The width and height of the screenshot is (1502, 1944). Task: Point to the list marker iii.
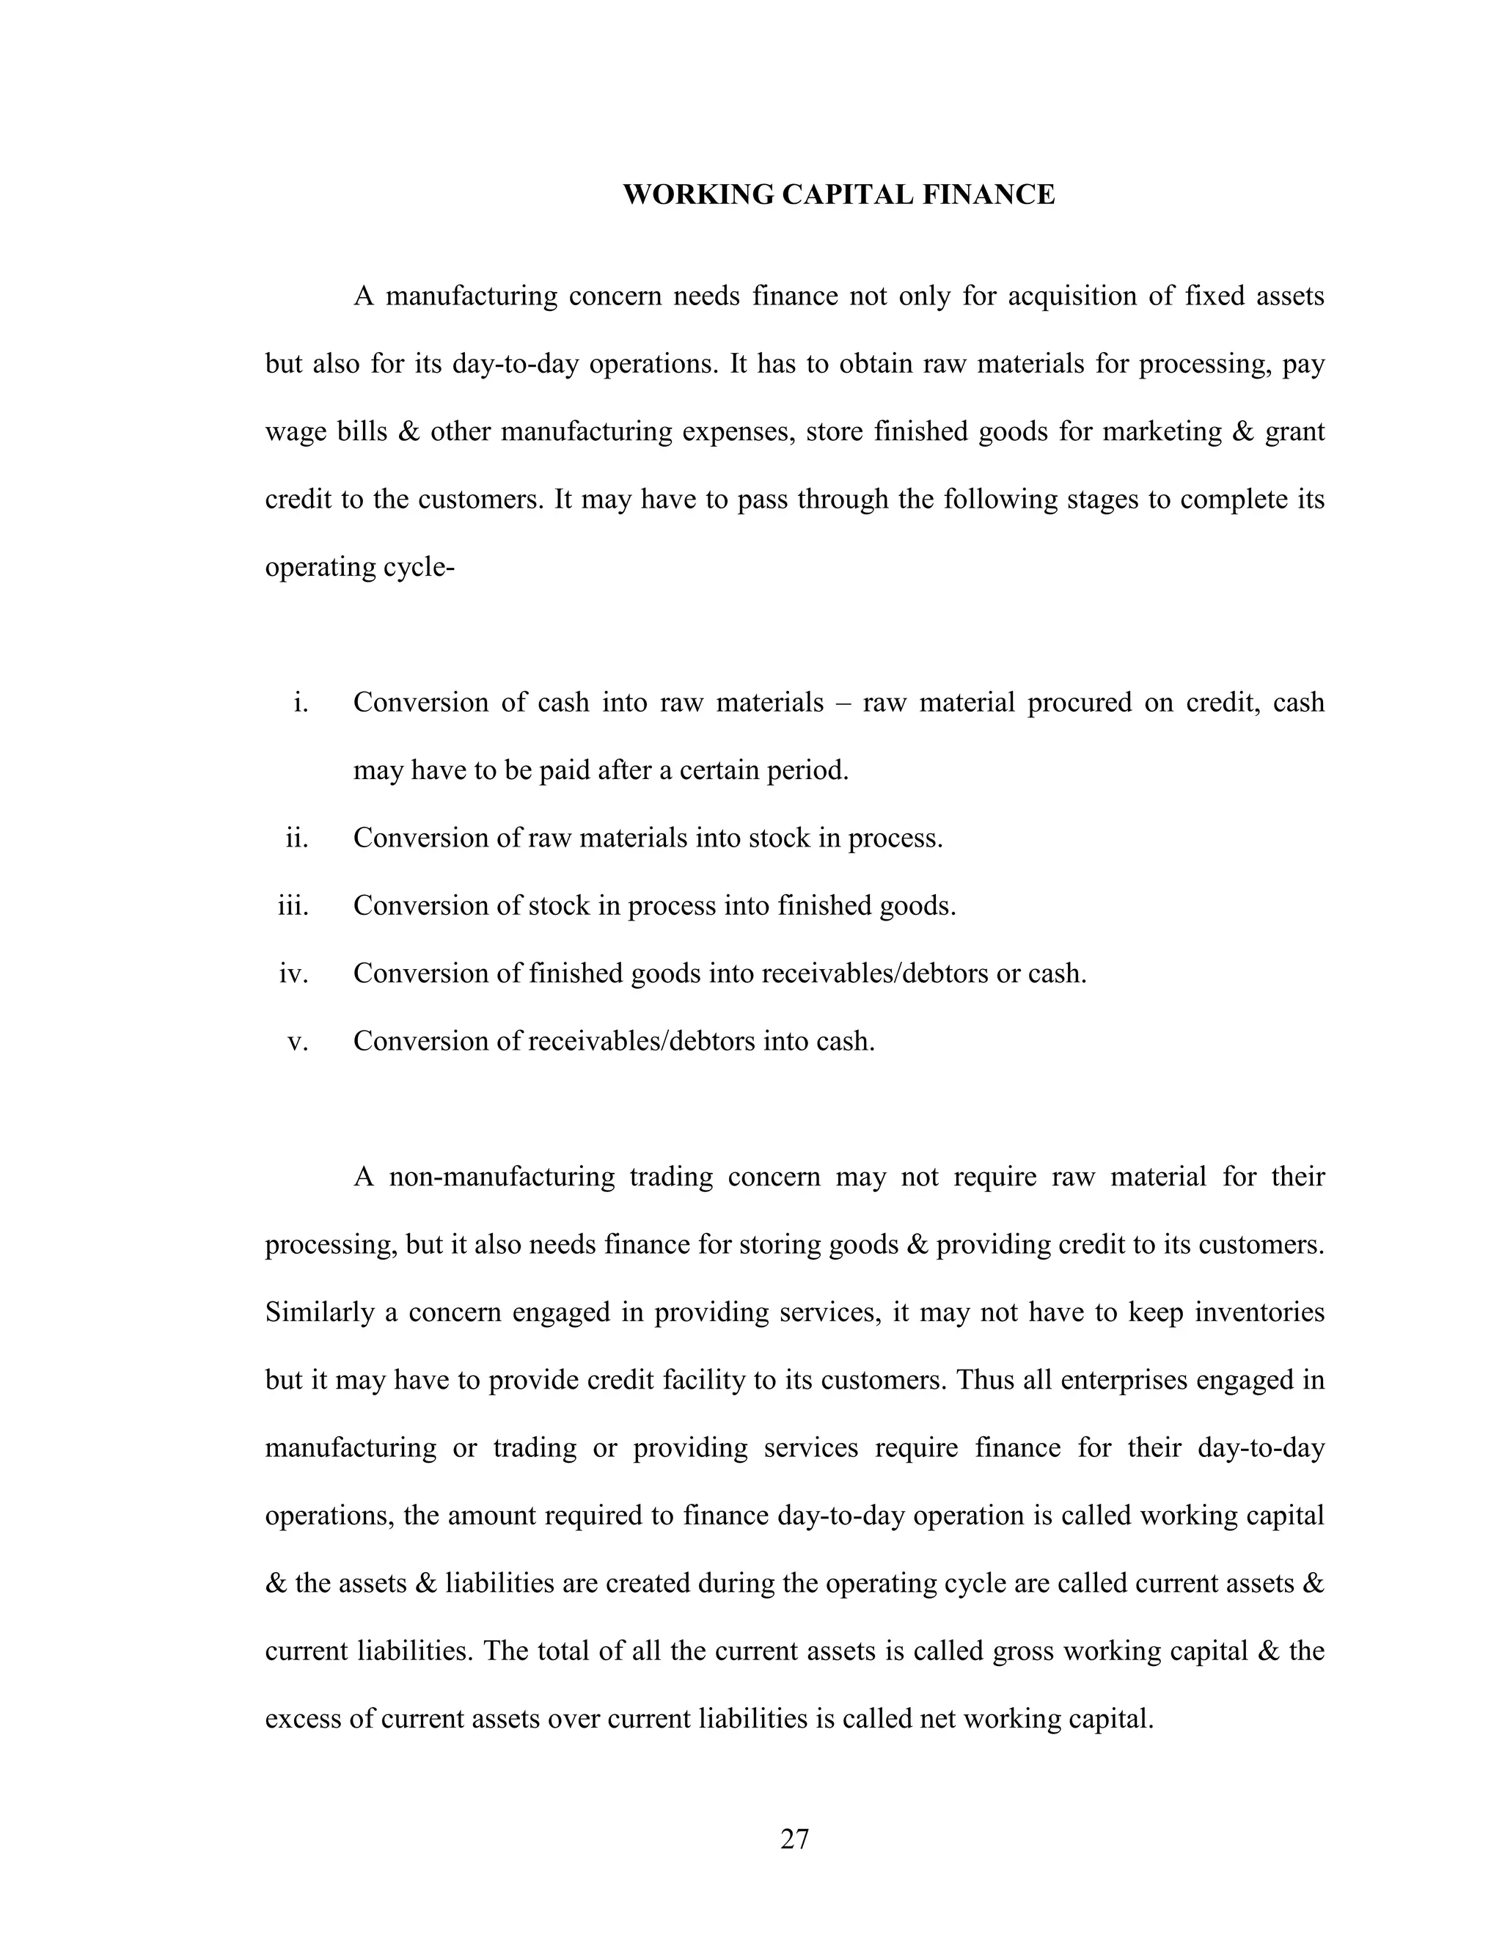pos(293,905)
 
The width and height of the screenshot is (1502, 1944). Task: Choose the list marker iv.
pos(293,973)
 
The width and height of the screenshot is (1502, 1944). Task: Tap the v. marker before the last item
pos(297,1040)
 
